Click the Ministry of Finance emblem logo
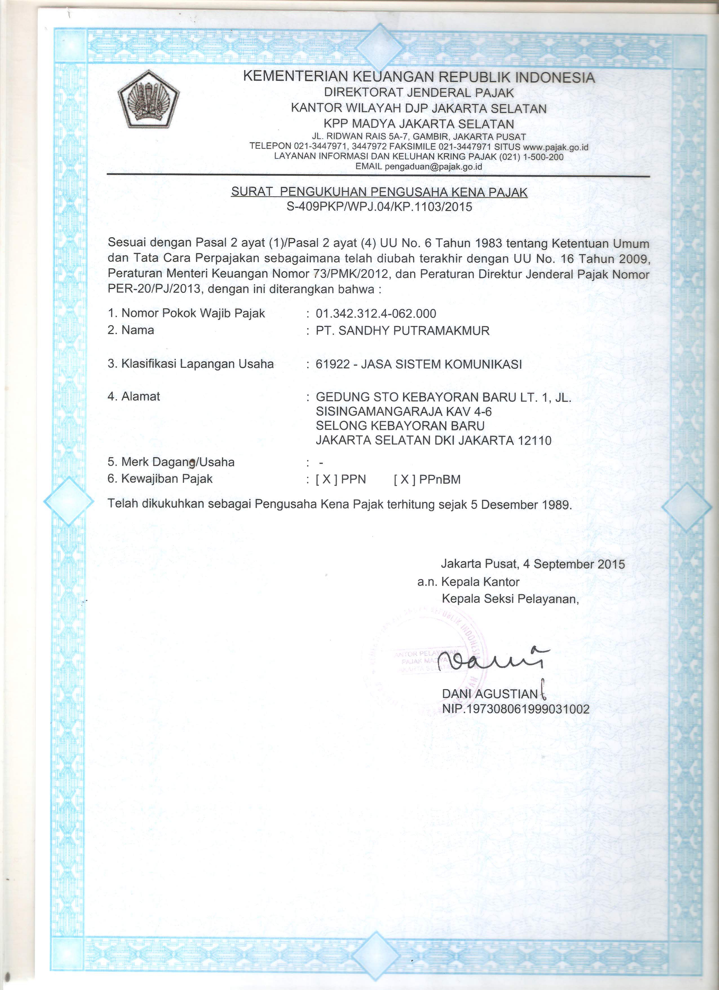point(148,99)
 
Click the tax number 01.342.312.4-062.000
point(376,313)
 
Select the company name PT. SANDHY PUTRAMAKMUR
point(402,330)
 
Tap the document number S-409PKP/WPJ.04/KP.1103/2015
point(379,207)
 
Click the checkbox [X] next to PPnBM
point(404,479)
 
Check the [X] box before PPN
point(326,479)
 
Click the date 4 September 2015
point(574,564)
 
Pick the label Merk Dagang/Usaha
point(178,462)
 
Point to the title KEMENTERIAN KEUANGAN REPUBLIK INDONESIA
point(419,77)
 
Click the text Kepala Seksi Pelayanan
point(510,599)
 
